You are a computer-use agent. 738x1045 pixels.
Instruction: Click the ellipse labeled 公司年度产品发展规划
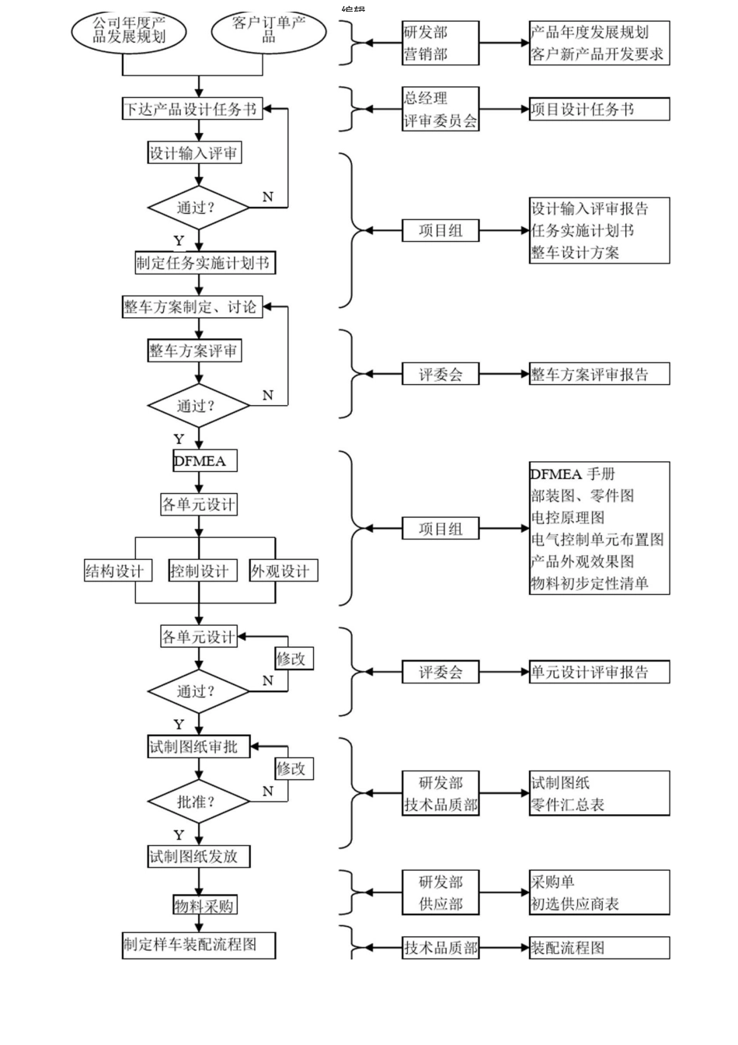coord(129,31)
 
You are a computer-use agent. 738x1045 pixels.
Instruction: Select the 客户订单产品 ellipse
coord(268,31)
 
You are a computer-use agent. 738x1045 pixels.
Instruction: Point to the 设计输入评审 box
coord(194,153)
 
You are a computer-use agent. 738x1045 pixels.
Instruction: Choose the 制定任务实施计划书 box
coord(204,264)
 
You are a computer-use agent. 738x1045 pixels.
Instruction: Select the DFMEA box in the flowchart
coord(204,461)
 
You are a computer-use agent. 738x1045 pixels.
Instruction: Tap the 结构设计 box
coord(115,571)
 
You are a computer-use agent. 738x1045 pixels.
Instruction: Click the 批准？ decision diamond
coord(198,802)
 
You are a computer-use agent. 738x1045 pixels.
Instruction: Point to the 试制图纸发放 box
coord(199,857)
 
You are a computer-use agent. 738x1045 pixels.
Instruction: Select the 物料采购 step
coord(204,906)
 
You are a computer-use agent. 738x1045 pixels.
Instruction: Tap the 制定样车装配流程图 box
coord(198,945)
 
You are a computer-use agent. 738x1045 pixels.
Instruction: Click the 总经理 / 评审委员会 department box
coord(440,109)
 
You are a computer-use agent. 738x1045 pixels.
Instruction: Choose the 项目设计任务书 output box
coord(598,110)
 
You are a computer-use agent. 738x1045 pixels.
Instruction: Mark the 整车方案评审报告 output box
coord(598,374)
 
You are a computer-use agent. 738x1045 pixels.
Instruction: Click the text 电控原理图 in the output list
coord(568,517)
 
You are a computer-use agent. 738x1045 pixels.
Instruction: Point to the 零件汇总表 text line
coord(568,805)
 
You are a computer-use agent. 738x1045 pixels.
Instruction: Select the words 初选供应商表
coord(575,904)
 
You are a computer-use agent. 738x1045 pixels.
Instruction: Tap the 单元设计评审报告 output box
coord(598,673)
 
